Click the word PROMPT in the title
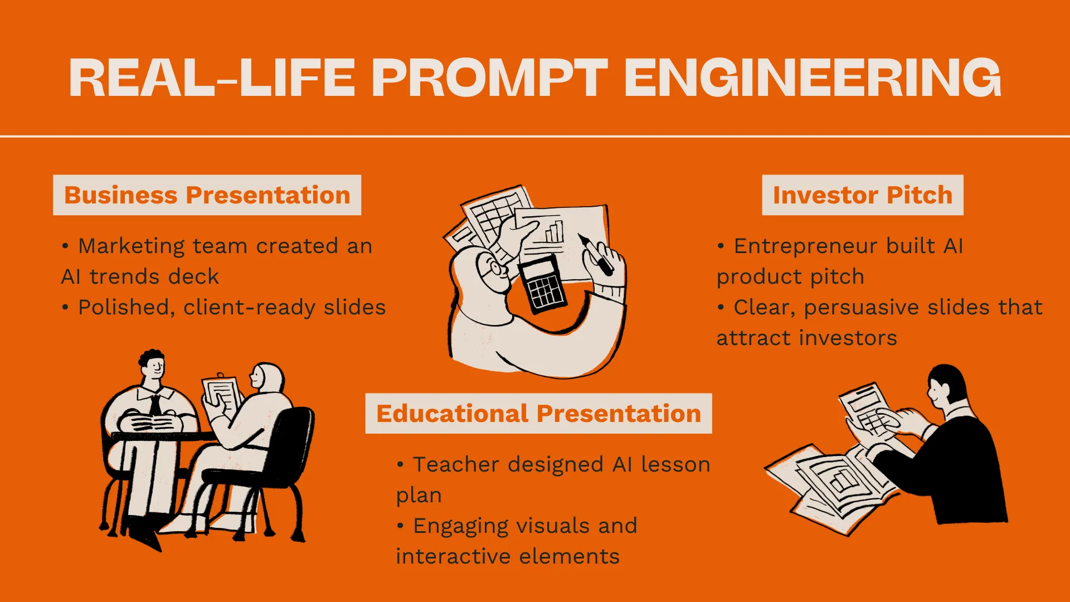(x=489, y=77)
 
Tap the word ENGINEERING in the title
(x=813, y=77)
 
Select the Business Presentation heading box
(x=207, y=195)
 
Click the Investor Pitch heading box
(x=863, y=195)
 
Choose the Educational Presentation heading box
(x=538, y=414)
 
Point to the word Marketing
(x=132, y=246)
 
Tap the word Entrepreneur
(x=806, y=246)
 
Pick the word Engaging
(x=461, y=526)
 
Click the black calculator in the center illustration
(x=542, y=285)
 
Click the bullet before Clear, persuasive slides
(x=721, y=307)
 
